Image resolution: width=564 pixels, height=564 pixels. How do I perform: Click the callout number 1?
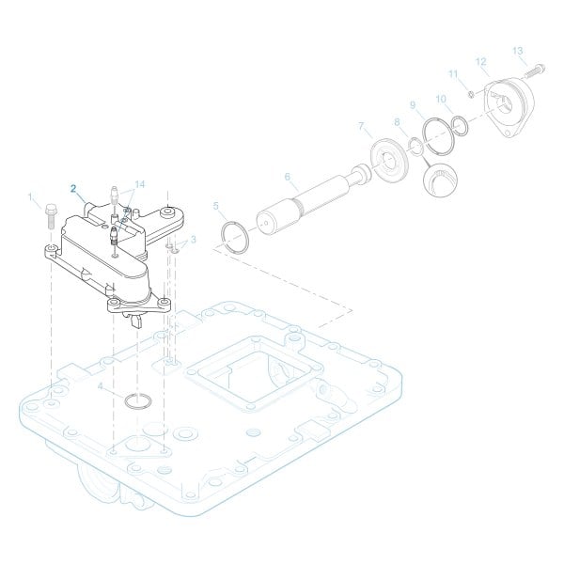coord(31,197)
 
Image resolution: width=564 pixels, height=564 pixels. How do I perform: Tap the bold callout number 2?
coord(74,187)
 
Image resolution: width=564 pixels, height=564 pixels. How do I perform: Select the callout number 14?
coord(140,183)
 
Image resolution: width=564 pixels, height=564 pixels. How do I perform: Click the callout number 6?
coord(288,175)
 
